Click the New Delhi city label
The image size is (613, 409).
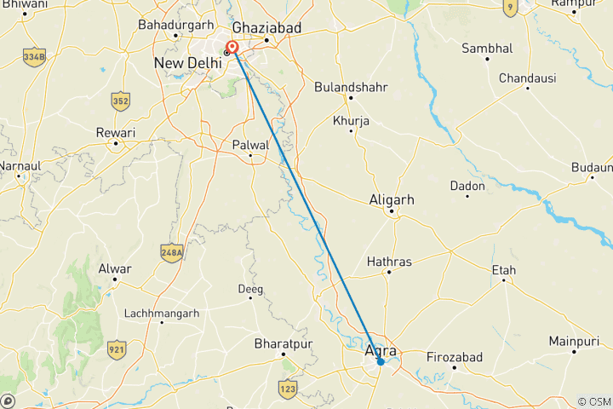pyautogui.click(x=186, y=63)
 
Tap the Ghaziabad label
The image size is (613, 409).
pyautogui.click(x=267, y=28)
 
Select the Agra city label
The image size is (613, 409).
pyautogui.click(x=380, y=349)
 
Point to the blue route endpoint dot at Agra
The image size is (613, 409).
pyautogui.click(x=381, y=362)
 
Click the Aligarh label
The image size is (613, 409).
pyautogui.click(x=392, y=199)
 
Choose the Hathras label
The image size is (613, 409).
pyautogui.click(x=388, y=261)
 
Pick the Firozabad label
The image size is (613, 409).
pyautogui.click(x=454, y=356)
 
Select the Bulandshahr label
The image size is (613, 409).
pyautogui.click(x=351, y=87)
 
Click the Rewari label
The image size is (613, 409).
pyautogui.click(x=116, y=134)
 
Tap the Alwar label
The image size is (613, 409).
pyautogui.click(x=115, y=269)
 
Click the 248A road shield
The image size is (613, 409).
pyautogui.click(x=171, y=251)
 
